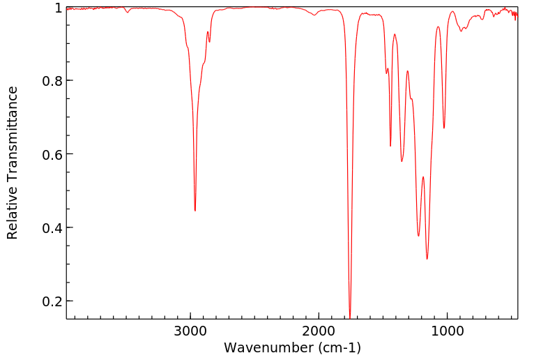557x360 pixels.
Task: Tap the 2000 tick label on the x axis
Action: click(x=319, y=330)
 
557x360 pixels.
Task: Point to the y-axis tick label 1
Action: click(x=56, y=8)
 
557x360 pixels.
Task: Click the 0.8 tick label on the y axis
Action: click(x=51, y=81)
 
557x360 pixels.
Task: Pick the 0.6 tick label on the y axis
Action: click(x=51, y=154)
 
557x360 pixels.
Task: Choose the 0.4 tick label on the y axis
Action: click(x=51, y=228)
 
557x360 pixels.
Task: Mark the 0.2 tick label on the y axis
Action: click(x=51, y=301)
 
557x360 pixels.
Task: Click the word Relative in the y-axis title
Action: click(x=13, y=212)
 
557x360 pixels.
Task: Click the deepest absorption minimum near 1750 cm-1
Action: click(x=350, y=317)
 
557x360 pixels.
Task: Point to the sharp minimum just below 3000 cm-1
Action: click(x=195, y=211)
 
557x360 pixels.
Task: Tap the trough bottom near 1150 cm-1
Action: click(x=427, y=259)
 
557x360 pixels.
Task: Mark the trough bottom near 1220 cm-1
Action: click(x=418, y=236)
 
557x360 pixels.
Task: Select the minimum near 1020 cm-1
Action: click(x=444, y=128)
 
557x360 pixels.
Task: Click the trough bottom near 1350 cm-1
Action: click(x=402, y=161)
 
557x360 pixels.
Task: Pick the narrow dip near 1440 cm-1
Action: click(x=390, y=146)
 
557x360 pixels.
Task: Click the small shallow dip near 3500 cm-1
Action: click(x=127, y=13)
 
